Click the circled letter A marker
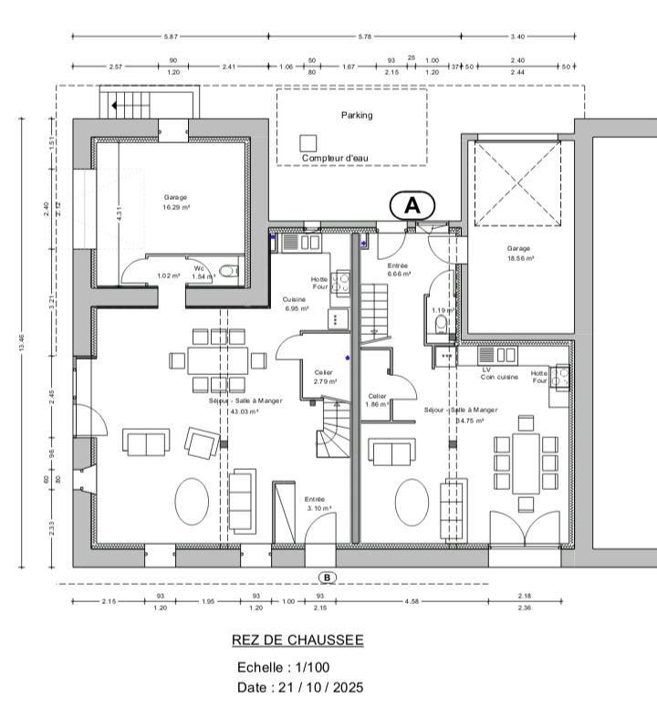pos(412,206)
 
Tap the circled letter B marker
pos(327,577)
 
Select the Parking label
pos(357,115)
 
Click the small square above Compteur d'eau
pos(308,142)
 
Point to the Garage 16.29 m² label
pos(175,202)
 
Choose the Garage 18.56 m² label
pos(519,253)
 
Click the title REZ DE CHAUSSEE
pos(297,640)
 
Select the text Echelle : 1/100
pos(283,667)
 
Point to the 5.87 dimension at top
pos(171,36)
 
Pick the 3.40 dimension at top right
pos(518,36)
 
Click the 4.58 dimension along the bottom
pos(413,600)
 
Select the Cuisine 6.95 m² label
pos(294,304)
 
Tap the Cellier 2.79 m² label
pos(326,377)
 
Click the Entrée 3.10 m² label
pos(318,503)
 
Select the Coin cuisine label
pos(500,377)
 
